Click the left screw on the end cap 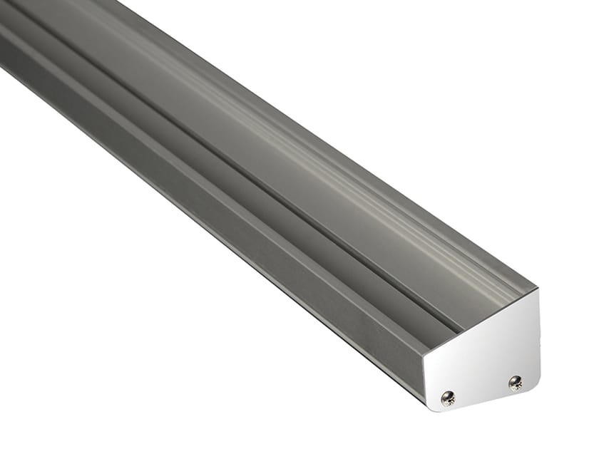coord(448,398)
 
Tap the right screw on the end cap coord(515,383)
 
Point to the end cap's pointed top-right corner coord(537,290)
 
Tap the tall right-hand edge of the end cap coord(538,335)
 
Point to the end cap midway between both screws coord(481,391)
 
